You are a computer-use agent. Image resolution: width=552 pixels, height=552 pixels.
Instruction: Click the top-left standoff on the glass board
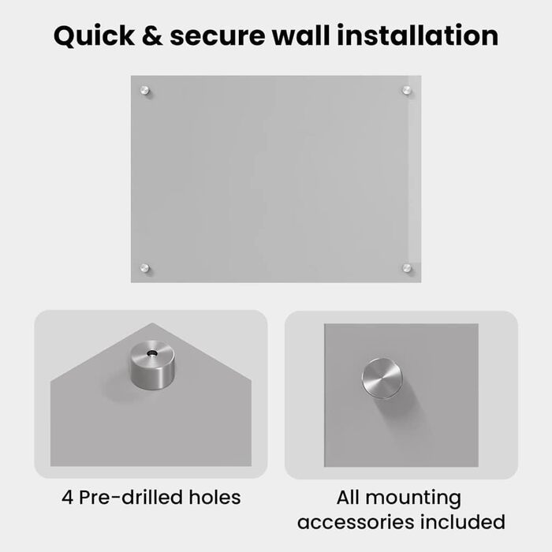(x=144, y=91)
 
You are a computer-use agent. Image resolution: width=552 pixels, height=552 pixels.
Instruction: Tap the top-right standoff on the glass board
(x=407, y=90)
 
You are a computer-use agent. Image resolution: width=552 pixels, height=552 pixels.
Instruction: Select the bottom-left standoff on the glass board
(x=144, y=268)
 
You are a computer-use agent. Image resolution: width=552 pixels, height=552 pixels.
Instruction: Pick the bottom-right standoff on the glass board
(x=407, y=268)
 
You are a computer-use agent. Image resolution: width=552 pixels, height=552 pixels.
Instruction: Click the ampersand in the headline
(x=152, y=35)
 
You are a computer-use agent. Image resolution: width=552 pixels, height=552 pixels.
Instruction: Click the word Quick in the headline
(x=94, y=35)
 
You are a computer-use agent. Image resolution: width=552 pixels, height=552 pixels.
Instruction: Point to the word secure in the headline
(x=217, y=36)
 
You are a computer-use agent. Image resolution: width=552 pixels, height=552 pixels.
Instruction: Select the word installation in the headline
(x=417, y=35)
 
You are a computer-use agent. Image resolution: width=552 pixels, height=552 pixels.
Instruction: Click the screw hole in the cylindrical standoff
(x=152, y=352)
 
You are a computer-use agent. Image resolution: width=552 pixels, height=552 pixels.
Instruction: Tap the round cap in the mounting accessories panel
(x=382, y=378)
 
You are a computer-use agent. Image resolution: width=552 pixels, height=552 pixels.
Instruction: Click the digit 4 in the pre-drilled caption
(x=67, y=498)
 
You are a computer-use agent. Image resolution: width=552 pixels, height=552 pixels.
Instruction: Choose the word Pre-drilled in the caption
(x=131, y=498)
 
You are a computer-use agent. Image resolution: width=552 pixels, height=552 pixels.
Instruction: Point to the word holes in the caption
(x=214, y=498)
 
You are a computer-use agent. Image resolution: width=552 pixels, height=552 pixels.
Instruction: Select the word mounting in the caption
(x=413, y=499)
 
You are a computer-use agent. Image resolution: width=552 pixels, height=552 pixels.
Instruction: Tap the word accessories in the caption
(x=356, y=522)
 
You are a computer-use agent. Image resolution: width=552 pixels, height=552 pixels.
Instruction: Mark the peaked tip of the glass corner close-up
(x=152, y=323)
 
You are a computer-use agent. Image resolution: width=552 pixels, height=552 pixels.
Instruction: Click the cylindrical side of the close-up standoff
(x=152, y=375)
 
